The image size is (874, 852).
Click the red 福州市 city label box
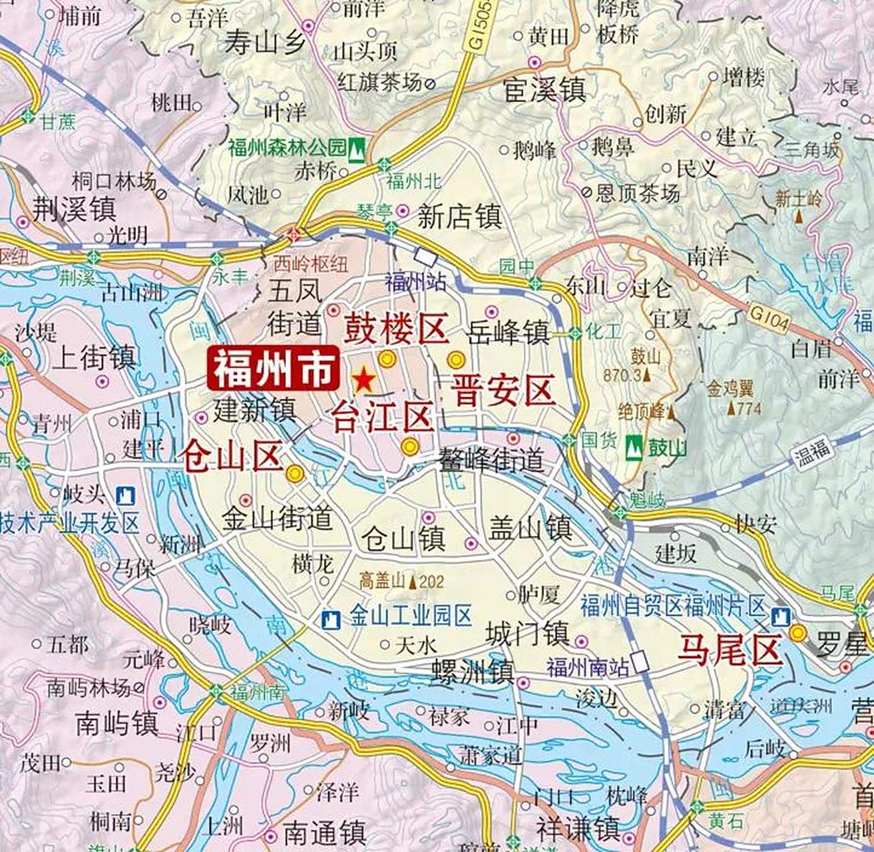[x=274, y=369]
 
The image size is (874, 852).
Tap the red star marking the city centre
[x=363, y=380]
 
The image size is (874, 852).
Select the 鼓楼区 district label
[x=394, y=328]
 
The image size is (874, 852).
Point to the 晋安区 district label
[x=503, y=390]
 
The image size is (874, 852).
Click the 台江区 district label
[x=383, y=417]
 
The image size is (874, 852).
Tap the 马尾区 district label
[x=729, y=650]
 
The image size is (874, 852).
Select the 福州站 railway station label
[x=415, y=282]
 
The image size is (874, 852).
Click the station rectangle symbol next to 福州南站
[x=640, y=662]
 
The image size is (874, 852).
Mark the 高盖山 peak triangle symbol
[x=413, y=582]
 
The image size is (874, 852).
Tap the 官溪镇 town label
[x=545, y=90]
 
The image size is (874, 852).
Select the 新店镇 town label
[x=459, y=216]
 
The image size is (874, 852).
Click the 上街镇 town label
[x=94, y=357]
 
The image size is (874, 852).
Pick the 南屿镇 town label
[x=116, y=724]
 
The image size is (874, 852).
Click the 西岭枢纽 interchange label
[x=311, y=264]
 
